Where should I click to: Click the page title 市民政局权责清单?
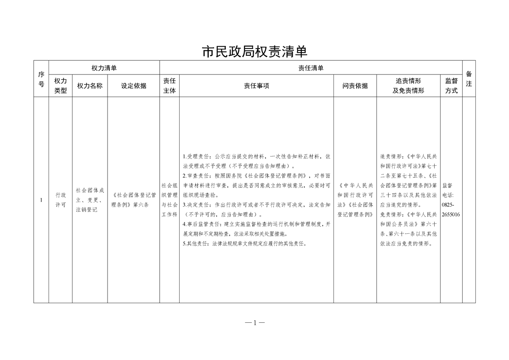point(254,51)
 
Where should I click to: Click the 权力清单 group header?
point(104,68)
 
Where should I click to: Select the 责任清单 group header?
point(311,68)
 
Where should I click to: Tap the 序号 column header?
point(41,79)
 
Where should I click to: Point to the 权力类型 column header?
point(60,85)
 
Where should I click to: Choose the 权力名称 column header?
point(90,85)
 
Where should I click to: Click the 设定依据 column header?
point(133,85)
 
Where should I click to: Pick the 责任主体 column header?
point(169,85)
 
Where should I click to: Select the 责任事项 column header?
point(256,85)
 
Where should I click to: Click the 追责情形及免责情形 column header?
point(408,85)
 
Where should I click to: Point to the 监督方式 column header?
point(451,85)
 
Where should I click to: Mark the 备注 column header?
point(469,79)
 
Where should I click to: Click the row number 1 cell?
point(41,200)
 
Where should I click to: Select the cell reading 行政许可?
point(60,200)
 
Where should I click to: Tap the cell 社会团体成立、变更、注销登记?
point(90,200)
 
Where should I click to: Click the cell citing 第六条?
point(133,200)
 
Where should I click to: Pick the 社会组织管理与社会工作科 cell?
point(169,200)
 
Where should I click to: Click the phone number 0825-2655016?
point(450,210)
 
